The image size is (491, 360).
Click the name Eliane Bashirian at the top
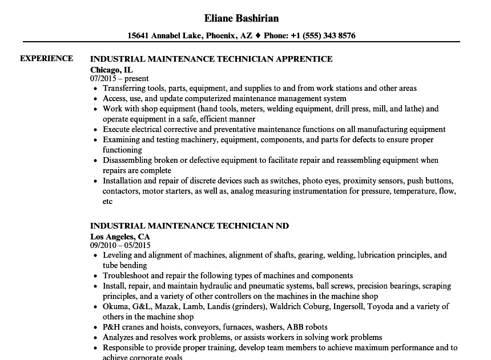coord(241,18)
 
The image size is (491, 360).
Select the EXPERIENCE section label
coord(47,58)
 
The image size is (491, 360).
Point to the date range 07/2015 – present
coord(119,78)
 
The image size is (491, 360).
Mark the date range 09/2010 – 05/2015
coord(120,246)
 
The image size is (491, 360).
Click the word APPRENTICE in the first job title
coord(304,58)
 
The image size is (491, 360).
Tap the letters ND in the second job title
coord(282,226)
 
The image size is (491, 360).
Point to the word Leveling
coord(117,255)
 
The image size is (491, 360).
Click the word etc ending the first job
coord(108,201)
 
